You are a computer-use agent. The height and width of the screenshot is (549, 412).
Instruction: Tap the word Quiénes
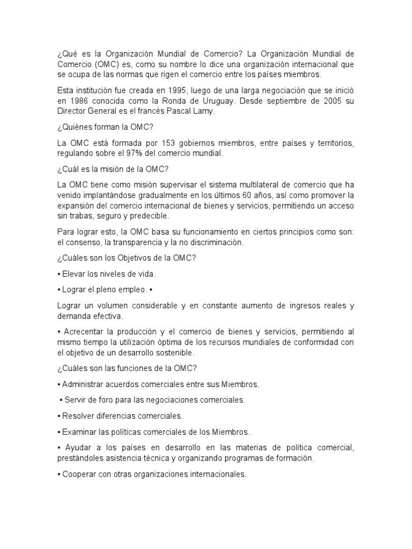point(77,127)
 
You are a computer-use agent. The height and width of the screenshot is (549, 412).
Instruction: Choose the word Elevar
point(74,273)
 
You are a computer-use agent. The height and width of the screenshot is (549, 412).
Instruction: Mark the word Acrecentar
point(88,331)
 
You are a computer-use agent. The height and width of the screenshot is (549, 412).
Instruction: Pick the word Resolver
point(79,416)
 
